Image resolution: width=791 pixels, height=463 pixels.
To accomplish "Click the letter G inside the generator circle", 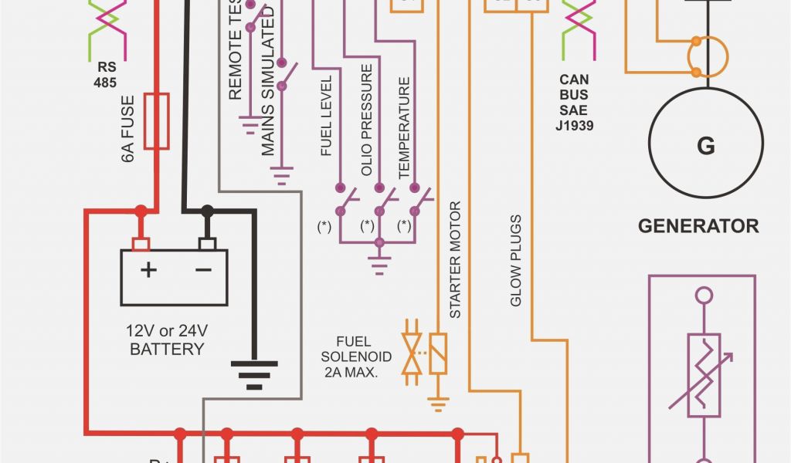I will coord(705,146).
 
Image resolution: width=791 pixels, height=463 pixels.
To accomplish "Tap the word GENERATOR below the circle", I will coord(698,226).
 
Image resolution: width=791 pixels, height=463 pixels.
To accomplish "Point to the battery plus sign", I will coord(147,269).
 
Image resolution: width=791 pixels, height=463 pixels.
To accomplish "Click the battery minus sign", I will coord(202,269).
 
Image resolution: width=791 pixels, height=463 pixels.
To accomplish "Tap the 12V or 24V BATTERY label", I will coord(167,340).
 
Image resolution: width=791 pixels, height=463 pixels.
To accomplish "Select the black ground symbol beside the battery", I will coord(253,374).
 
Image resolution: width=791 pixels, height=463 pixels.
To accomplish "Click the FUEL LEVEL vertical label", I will coord(327,116).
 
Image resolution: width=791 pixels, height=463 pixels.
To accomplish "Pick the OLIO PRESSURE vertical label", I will coord(367,120).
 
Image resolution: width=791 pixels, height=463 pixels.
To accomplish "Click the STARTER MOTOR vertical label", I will coord(456,259).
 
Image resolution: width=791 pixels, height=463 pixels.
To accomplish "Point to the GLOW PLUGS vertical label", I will coord(516,260).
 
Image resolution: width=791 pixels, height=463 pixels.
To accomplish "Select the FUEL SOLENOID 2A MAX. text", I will coord(356,357).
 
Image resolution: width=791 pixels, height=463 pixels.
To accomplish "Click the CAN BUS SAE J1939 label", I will coord(574,101).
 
